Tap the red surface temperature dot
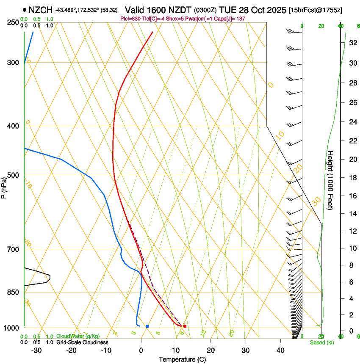tap(185, 326)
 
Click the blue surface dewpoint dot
tap(147, 326)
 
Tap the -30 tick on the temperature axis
tap(36, 350)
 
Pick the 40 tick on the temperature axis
tap(280, 350)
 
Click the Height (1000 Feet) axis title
tap(331, 180)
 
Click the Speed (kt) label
tap(322, 342)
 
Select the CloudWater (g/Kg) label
tap(78, 336)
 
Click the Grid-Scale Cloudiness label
tap(82, 342)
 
